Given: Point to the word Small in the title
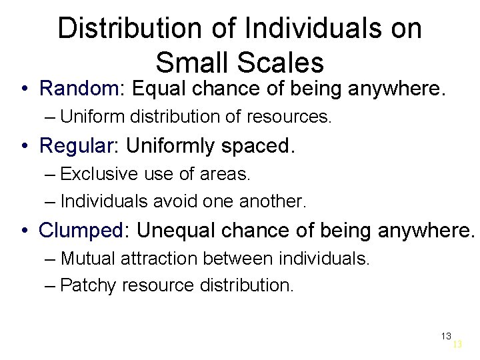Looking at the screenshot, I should [x=189, y=63].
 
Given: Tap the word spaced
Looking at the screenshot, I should [x=261, y=145].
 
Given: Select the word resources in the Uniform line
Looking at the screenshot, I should [x=288, y=117].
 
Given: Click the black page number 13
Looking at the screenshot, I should [x=446, y=335].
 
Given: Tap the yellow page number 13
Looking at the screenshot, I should [x=457, y=345].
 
